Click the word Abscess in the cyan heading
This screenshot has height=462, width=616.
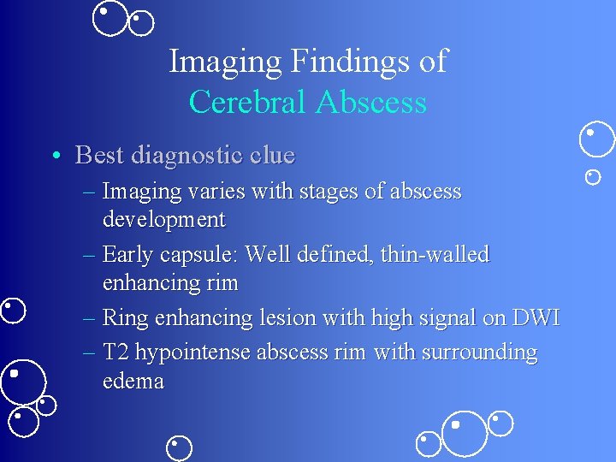tap(370, 103)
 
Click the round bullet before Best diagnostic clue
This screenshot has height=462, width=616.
tap(55, 156)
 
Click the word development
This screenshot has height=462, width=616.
tap(163, 220)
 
